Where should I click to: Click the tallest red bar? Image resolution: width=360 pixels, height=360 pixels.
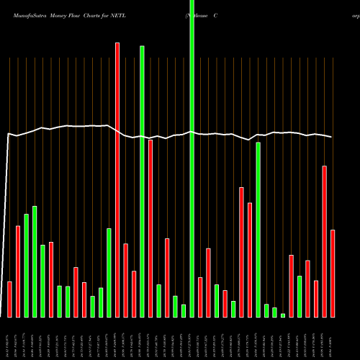pyautogui.click(x=117, y=180)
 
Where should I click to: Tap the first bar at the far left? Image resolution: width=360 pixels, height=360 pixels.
pyautogui.click(x=9, y=299)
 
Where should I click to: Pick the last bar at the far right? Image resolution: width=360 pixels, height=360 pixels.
pyautogui.click(x=333, y=274)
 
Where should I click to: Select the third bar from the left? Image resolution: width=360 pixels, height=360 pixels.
pyautogui.click(x=27, y=266)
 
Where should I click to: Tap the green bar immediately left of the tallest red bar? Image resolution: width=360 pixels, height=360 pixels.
pyautogui.click(x=109, y=273)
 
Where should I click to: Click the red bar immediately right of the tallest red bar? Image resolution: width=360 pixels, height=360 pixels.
pyautogui.click(x=125, y=280)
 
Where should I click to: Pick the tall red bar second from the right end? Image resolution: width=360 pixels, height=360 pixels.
pyautogui.click(x=324, y=241)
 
